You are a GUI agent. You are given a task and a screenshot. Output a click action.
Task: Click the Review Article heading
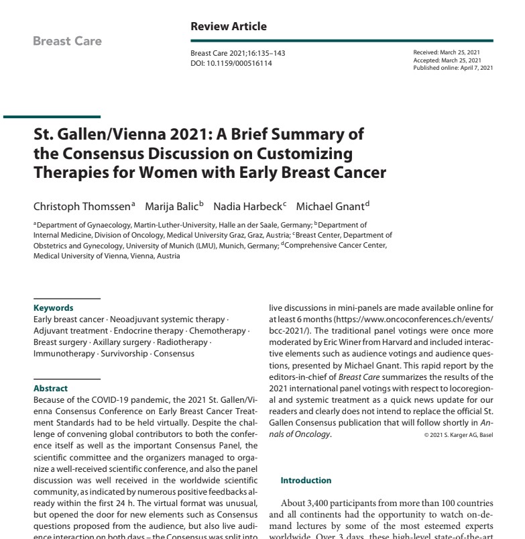click(229, 27)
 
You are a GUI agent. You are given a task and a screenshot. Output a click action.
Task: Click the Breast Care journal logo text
click(67, 41)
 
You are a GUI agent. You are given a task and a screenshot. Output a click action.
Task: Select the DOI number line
click(231, 63)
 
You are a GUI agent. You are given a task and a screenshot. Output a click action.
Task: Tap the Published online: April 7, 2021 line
click(453, 67)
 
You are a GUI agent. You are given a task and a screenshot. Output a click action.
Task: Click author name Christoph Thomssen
click(82, 206)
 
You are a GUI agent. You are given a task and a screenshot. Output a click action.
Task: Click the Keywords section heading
click(54, 308)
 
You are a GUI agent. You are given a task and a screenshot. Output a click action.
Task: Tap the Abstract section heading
click(50, 388)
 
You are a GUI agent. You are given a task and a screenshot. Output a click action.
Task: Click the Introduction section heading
click(306, 481)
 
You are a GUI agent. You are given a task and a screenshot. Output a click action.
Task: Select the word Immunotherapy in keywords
click(65, 353)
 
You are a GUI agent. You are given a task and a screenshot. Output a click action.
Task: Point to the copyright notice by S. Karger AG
click(459, 434)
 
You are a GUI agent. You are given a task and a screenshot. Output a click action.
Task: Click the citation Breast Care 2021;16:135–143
click(237, 54)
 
